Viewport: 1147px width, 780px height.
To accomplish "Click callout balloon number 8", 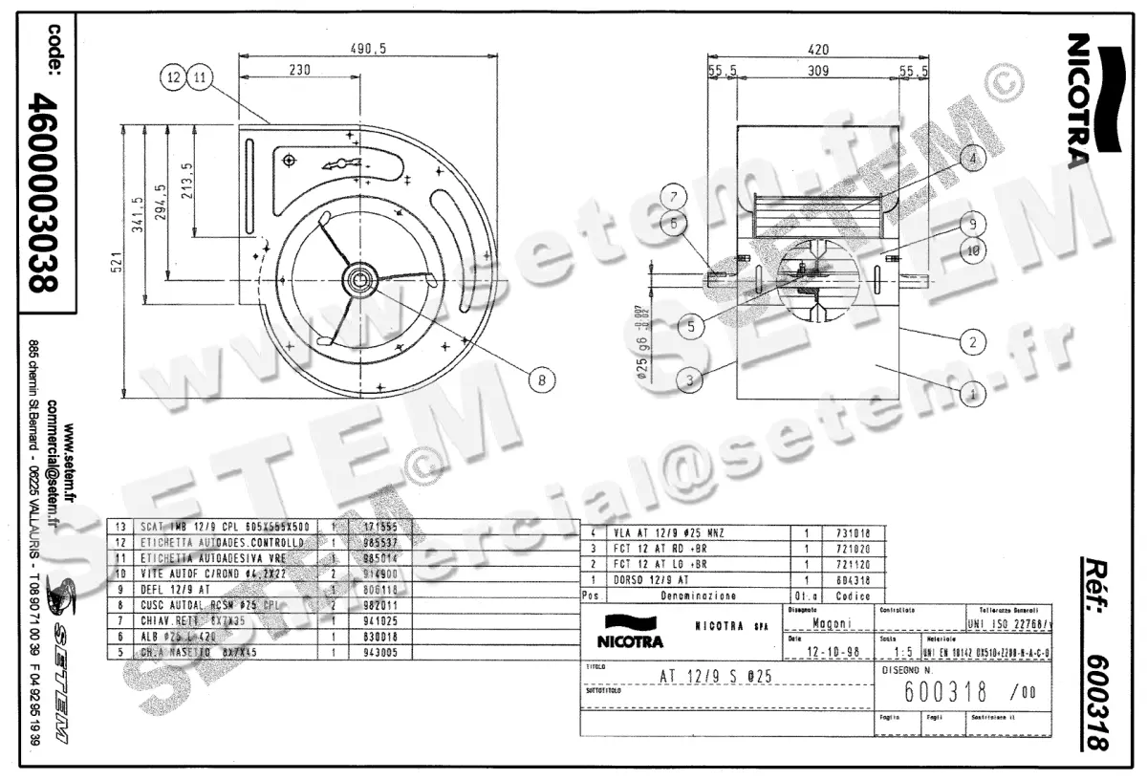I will coord(541,379).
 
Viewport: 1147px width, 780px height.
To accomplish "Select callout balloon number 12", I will coord(173,78).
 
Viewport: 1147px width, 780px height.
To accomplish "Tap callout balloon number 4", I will coord(972,160).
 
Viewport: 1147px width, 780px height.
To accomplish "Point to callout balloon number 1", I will coord(972,391).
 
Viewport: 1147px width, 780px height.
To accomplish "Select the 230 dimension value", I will coord(299,69).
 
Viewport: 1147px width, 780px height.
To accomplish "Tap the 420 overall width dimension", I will coord(818,50).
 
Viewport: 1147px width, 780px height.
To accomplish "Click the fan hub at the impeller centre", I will coord(362,279).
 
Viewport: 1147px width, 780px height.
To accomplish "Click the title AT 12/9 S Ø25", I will coord(717,675).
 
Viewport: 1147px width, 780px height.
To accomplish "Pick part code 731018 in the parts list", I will coord(853,532).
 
